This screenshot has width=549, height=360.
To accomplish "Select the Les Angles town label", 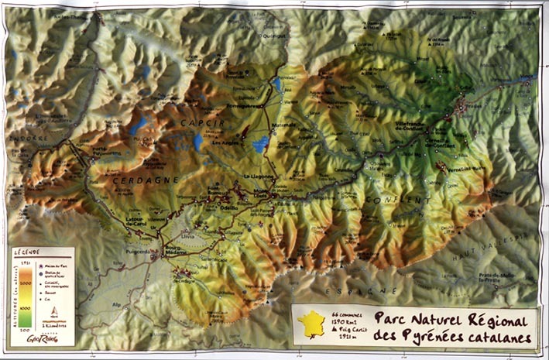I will coord(225,142).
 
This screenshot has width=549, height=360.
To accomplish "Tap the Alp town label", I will coord(117,305).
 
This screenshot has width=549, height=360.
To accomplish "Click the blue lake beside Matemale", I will coord(261,142).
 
